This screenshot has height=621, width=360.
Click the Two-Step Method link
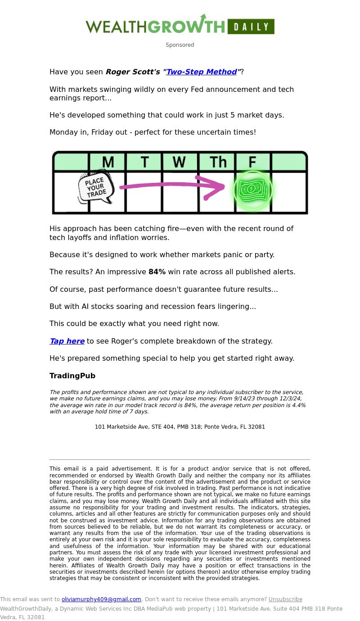tap(202, 72)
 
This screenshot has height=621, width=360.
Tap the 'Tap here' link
tap(67, 341)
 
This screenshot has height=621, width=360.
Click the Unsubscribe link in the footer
tap(285, 599)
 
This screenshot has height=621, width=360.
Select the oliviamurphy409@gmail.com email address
tap(101, 599)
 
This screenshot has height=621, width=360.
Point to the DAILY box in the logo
tap(251, 27)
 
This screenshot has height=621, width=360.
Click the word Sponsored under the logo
tap(180, 45)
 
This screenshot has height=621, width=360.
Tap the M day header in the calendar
tap(108, 162)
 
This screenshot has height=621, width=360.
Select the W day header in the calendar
tap(179, 162)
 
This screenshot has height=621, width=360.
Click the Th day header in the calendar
tap(218, 162)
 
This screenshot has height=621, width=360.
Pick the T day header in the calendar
tap(144, 162)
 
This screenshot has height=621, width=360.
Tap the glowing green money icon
tap(252, 190)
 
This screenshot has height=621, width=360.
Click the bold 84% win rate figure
tap(157, 272)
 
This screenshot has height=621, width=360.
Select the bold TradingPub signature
tap(72, 376)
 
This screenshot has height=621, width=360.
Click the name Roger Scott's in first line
tap(133, 72)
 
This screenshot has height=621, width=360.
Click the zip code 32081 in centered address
tap(256, 427)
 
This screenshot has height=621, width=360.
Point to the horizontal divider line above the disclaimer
tap(180, 459)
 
